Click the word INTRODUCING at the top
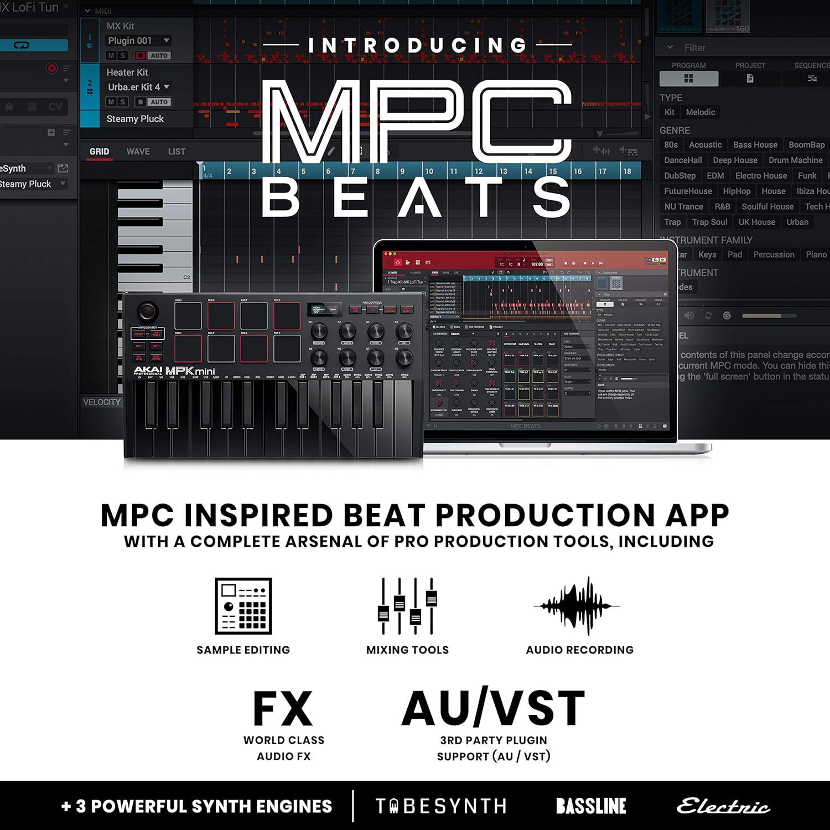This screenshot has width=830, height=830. (x=417, y=45)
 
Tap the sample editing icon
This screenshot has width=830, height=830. (x=243, y=606)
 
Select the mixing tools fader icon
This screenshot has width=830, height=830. (x=407, y=606)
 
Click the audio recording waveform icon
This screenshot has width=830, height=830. (x=577, y=605)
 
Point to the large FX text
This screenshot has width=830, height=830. (x=283, y=709)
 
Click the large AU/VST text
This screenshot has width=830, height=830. (x=493, y=708)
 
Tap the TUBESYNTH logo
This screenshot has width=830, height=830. (x=440, y=806)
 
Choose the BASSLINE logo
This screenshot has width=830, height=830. (x=591, y=806)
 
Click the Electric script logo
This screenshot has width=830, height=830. (x=724, y=807)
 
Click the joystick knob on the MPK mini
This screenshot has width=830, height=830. (x=147, y=311)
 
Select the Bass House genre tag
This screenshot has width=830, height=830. (x=755, y=145)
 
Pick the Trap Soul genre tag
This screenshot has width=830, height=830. (x=709, y=222)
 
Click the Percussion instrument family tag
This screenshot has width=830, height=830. (x=774, y=255)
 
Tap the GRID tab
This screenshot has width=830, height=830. (x=100, y=152)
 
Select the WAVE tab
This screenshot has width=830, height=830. (x=138, y=152)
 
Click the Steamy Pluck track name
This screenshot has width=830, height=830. (x=135, y=119)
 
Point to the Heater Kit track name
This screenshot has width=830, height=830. (x=127, y=72)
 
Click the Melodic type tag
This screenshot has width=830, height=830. (x=701, y=112)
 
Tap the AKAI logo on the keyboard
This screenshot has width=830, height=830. (x=148, y=370)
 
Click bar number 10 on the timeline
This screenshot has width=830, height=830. (x=429, y=172)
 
